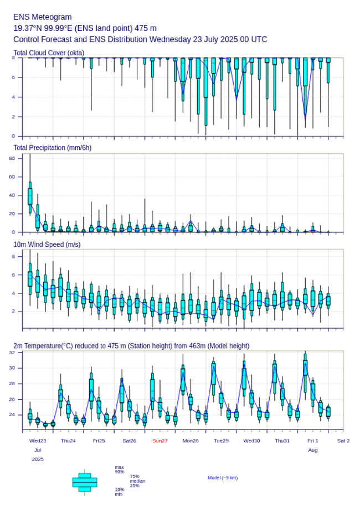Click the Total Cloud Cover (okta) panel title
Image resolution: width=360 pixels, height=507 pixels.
tap(49, 53)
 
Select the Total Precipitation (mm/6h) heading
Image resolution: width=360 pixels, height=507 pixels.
tap(52, 147)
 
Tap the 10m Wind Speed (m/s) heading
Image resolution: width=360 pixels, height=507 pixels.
tap(47, 244)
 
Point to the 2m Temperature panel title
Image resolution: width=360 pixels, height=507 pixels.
tap(131, 346)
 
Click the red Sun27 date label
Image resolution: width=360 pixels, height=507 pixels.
tap(160, 441)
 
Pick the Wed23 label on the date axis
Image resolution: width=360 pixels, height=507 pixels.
tap(38, 441)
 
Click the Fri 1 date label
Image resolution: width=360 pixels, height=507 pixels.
tap(313, 441)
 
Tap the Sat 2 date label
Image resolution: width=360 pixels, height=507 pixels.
tap(343, 441)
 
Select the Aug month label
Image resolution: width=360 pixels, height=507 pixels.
tap(313, 450)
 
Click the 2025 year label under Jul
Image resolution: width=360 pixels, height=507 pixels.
tap(38, 459)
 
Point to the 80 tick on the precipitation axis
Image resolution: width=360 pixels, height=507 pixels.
tap(12, 158)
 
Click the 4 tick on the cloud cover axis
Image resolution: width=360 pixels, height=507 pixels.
tap(13, 97)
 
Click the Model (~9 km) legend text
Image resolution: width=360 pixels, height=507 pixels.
tap(223, 478)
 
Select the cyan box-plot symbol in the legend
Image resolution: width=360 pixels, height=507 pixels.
tap(85, 482)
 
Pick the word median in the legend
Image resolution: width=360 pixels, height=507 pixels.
tap(138, 481)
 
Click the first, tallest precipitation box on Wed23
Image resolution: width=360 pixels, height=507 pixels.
tap(30, 196)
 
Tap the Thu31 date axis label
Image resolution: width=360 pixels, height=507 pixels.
tap(282, 441)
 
